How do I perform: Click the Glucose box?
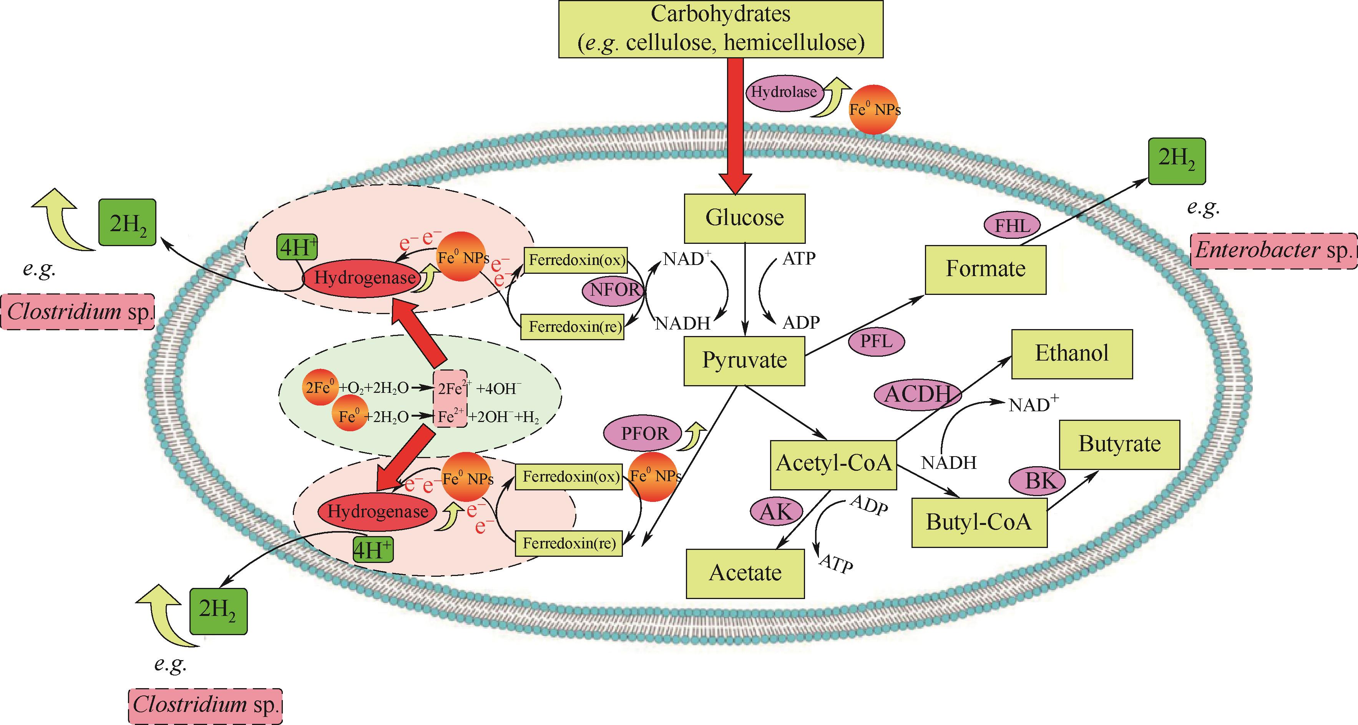(744, 218)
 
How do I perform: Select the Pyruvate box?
(744, 361)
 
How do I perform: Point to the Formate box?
(985, 269)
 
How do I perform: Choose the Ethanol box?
(1072, 354)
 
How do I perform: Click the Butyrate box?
(1119, 444)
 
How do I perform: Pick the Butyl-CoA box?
(979, 523)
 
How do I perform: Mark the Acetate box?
(745, 573)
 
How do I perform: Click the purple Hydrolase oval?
(784, 93)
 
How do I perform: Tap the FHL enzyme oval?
(1012, 226)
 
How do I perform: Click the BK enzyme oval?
(1036, 482)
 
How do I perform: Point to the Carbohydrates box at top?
(720, 28)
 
